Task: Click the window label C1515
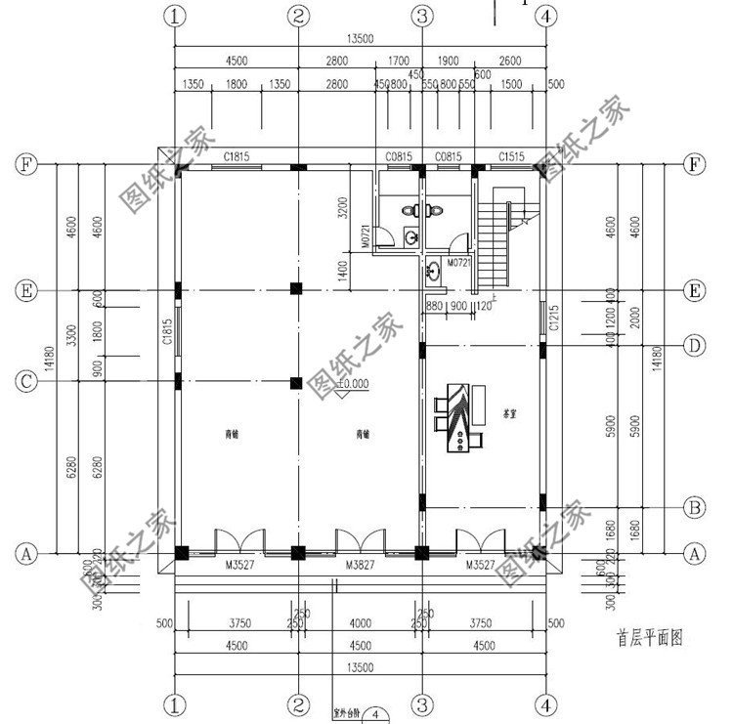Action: point(512,155)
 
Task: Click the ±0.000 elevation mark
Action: point(352,384)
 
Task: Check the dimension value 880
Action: point(435,306)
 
